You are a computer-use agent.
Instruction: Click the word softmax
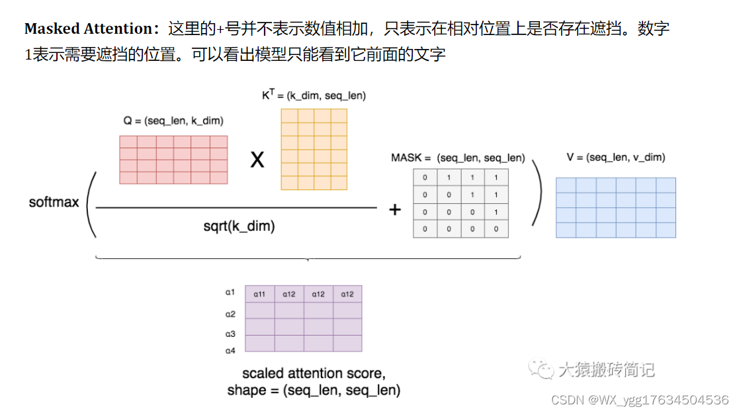click(54, 202)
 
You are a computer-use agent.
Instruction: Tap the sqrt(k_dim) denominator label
click(239, 226)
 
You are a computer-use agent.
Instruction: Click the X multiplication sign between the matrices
click(257, 159)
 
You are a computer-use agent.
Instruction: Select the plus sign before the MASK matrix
click(395, 210)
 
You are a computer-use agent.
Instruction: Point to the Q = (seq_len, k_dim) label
click(173, 121)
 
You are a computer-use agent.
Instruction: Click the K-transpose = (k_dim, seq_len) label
click(314, 95)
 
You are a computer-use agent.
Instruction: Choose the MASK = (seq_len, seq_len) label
click(458, 158)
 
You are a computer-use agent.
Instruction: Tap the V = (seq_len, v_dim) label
click(615, 158)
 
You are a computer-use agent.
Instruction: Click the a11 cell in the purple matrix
click(259, 294)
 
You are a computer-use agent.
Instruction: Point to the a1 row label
click(230, 292)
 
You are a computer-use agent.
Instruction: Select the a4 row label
click(230, 350)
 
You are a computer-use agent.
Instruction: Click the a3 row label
click(230, 334)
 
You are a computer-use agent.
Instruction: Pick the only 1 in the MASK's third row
click(496, 212)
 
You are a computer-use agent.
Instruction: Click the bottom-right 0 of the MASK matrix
click(496, 230)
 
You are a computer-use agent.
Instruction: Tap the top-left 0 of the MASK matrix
click(425, 178)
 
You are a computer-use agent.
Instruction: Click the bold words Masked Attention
click(88, 29)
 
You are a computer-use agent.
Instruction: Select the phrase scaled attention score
click(314, 373)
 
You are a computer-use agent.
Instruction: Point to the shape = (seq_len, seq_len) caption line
click(314, 390)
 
